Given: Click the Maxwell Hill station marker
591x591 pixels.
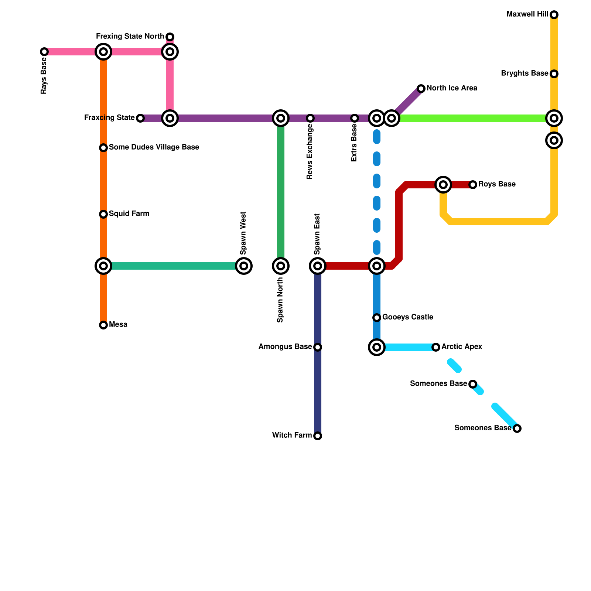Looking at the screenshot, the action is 554,15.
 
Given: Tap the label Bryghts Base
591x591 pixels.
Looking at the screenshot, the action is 524,74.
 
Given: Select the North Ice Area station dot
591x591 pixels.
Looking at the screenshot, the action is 421,89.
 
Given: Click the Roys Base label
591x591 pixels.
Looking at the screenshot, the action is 497,184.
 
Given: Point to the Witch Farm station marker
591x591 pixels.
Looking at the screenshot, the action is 318,436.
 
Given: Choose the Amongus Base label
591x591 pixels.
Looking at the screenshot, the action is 285,347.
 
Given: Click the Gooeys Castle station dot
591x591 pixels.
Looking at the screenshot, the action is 377,318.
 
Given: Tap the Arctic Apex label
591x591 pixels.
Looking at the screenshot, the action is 462,347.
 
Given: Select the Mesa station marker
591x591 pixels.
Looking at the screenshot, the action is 103,325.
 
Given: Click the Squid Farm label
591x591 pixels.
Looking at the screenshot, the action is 129,214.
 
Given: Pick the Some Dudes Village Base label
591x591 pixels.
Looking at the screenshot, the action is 154,147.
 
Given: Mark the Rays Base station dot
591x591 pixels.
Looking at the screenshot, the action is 44,52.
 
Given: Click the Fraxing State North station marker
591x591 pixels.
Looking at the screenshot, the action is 170,37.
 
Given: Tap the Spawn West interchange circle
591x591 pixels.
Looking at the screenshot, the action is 244,266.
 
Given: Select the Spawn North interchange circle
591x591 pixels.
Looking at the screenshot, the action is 281,266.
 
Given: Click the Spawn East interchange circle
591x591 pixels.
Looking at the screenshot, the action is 318,266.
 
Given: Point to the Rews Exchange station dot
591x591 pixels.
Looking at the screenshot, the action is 310,118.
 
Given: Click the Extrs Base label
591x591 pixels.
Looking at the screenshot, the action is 354,143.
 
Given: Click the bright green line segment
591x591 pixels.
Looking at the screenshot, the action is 473,118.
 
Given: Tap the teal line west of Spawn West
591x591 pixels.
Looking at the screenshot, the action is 174,266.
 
